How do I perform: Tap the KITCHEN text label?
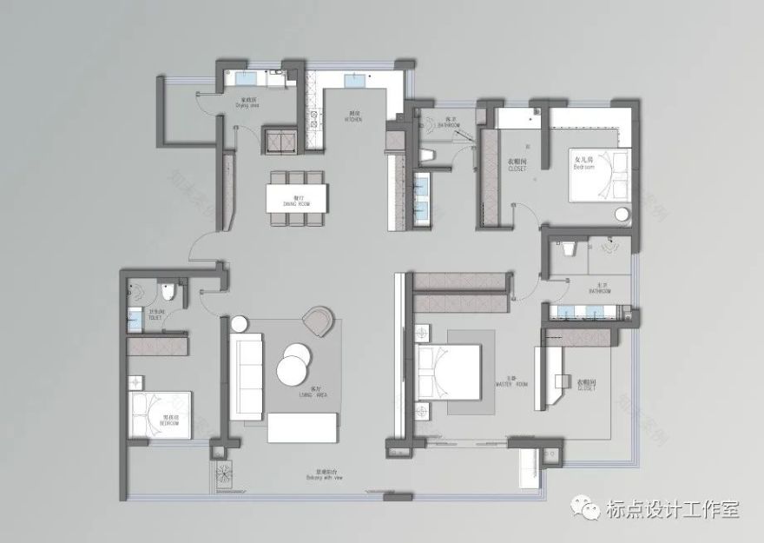tap(330, 116)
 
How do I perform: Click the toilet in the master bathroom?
tap(569, 250)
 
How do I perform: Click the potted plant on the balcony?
tap(223, 474)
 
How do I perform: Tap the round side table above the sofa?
tap(238, 325)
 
